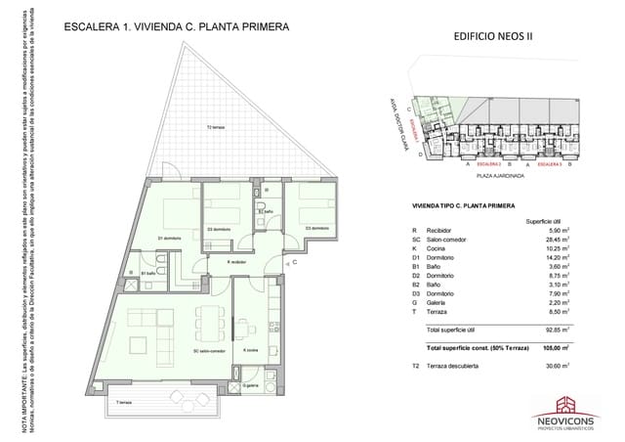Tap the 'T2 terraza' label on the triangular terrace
pos(217,128)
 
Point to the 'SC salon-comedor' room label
pos(209,350)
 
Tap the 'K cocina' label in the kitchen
pos(252,350)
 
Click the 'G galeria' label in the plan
pos(252,385)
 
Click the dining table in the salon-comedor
pos(208,323)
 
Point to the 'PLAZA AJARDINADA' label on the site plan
pos(501,177)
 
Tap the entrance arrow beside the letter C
pos(283,260)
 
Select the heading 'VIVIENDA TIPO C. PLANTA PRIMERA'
pos(465,206)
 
